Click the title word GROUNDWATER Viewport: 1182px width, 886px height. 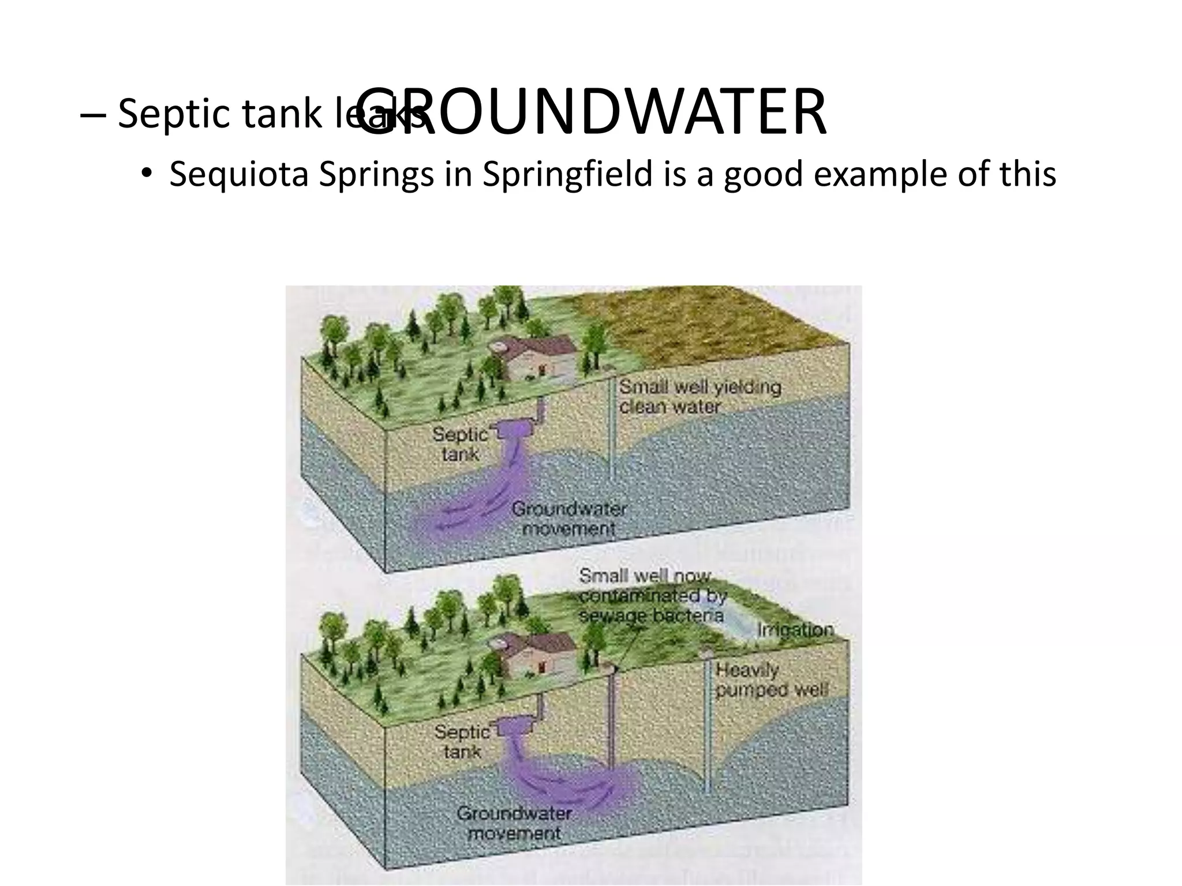594,113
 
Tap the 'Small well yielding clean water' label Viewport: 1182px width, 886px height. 700,397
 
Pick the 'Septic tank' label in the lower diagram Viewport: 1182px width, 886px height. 462,742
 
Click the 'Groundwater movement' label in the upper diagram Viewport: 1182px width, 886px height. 568,519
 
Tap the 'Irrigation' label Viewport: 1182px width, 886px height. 795,629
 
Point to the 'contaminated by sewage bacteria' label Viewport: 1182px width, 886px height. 652,605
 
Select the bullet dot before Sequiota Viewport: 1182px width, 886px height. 147,174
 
